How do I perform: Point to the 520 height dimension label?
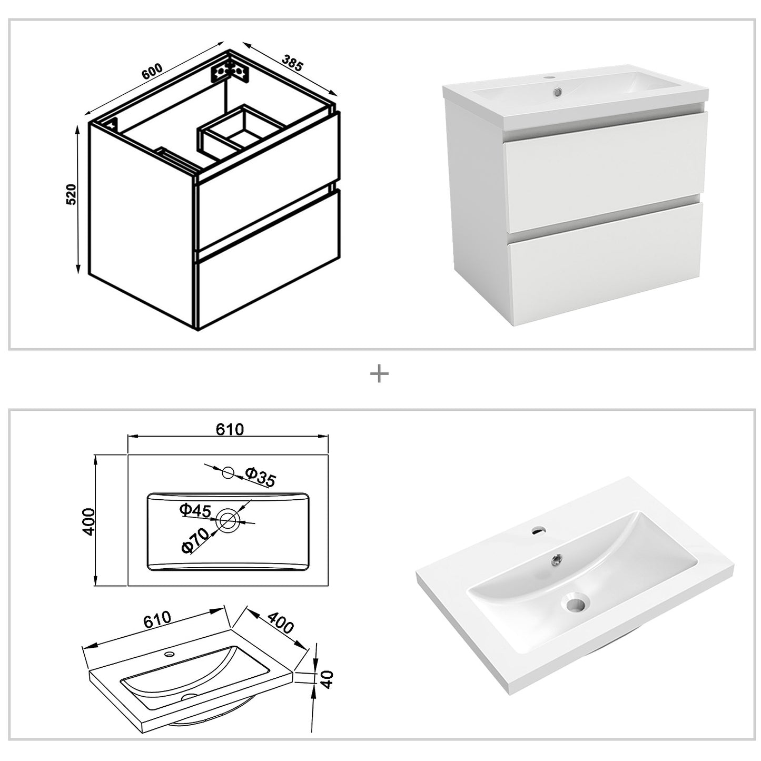(72, 194)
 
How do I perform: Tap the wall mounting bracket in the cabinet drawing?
(230, 71)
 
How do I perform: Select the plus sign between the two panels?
(379, 374)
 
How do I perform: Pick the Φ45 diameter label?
(195, 510)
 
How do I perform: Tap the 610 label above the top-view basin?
(230, 430)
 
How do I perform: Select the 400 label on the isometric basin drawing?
(280, 624)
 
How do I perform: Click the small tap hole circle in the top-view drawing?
(228, 473)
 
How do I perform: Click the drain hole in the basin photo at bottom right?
(576, 602)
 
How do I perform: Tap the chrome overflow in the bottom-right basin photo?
(556, 559)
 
